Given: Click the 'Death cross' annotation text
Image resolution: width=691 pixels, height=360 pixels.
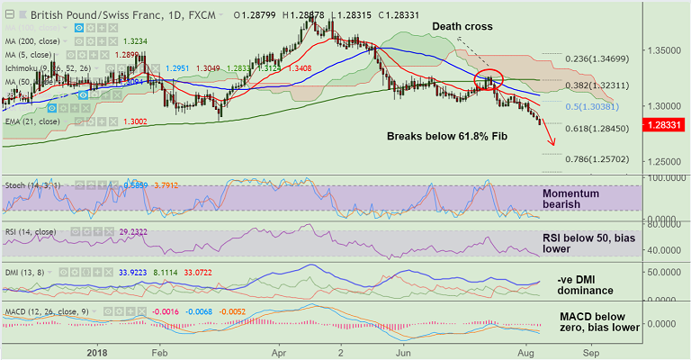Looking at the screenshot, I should [462, 27].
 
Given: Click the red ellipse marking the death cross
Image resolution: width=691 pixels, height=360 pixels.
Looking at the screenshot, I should [488, 79].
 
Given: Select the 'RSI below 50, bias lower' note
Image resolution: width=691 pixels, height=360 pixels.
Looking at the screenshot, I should [586, 242].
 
